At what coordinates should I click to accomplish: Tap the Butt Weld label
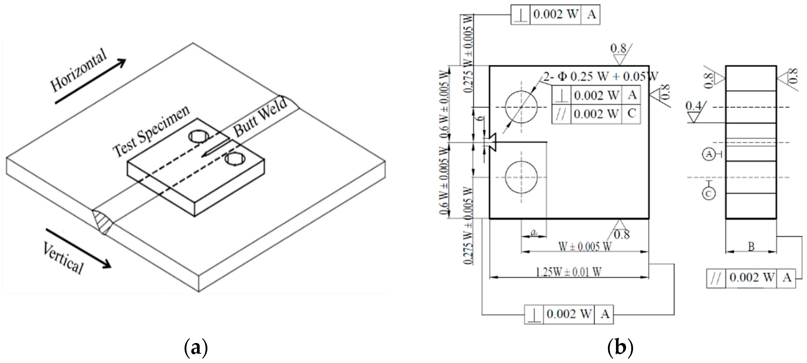tap(260, 117)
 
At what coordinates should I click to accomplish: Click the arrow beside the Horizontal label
tap(90, 81)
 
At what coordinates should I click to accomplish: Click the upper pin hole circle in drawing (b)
tap(521, 107)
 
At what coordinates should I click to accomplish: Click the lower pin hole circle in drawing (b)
tap(521, 177)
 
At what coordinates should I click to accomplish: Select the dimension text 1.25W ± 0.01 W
tap(569, 272)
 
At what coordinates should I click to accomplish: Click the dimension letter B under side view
tap(751, 247)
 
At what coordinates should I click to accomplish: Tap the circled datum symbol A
tap(709, 154)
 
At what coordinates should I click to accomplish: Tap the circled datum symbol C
tap(709, 194)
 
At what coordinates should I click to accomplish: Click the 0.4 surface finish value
tap(693, 106)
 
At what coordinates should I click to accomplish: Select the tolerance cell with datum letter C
tap(631, 114)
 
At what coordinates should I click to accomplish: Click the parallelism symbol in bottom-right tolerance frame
tap(716, 278)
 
